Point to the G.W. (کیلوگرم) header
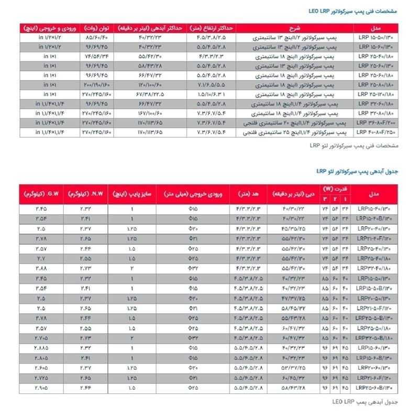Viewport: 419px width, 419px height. pyautogui.click(x=40, y=194)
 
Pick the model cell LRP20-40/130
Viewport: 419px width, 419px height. pyautogui.click(x=374, y=229)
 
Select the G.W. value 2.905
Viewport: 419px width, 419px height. pyautogui.click(x=40, y=388)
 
